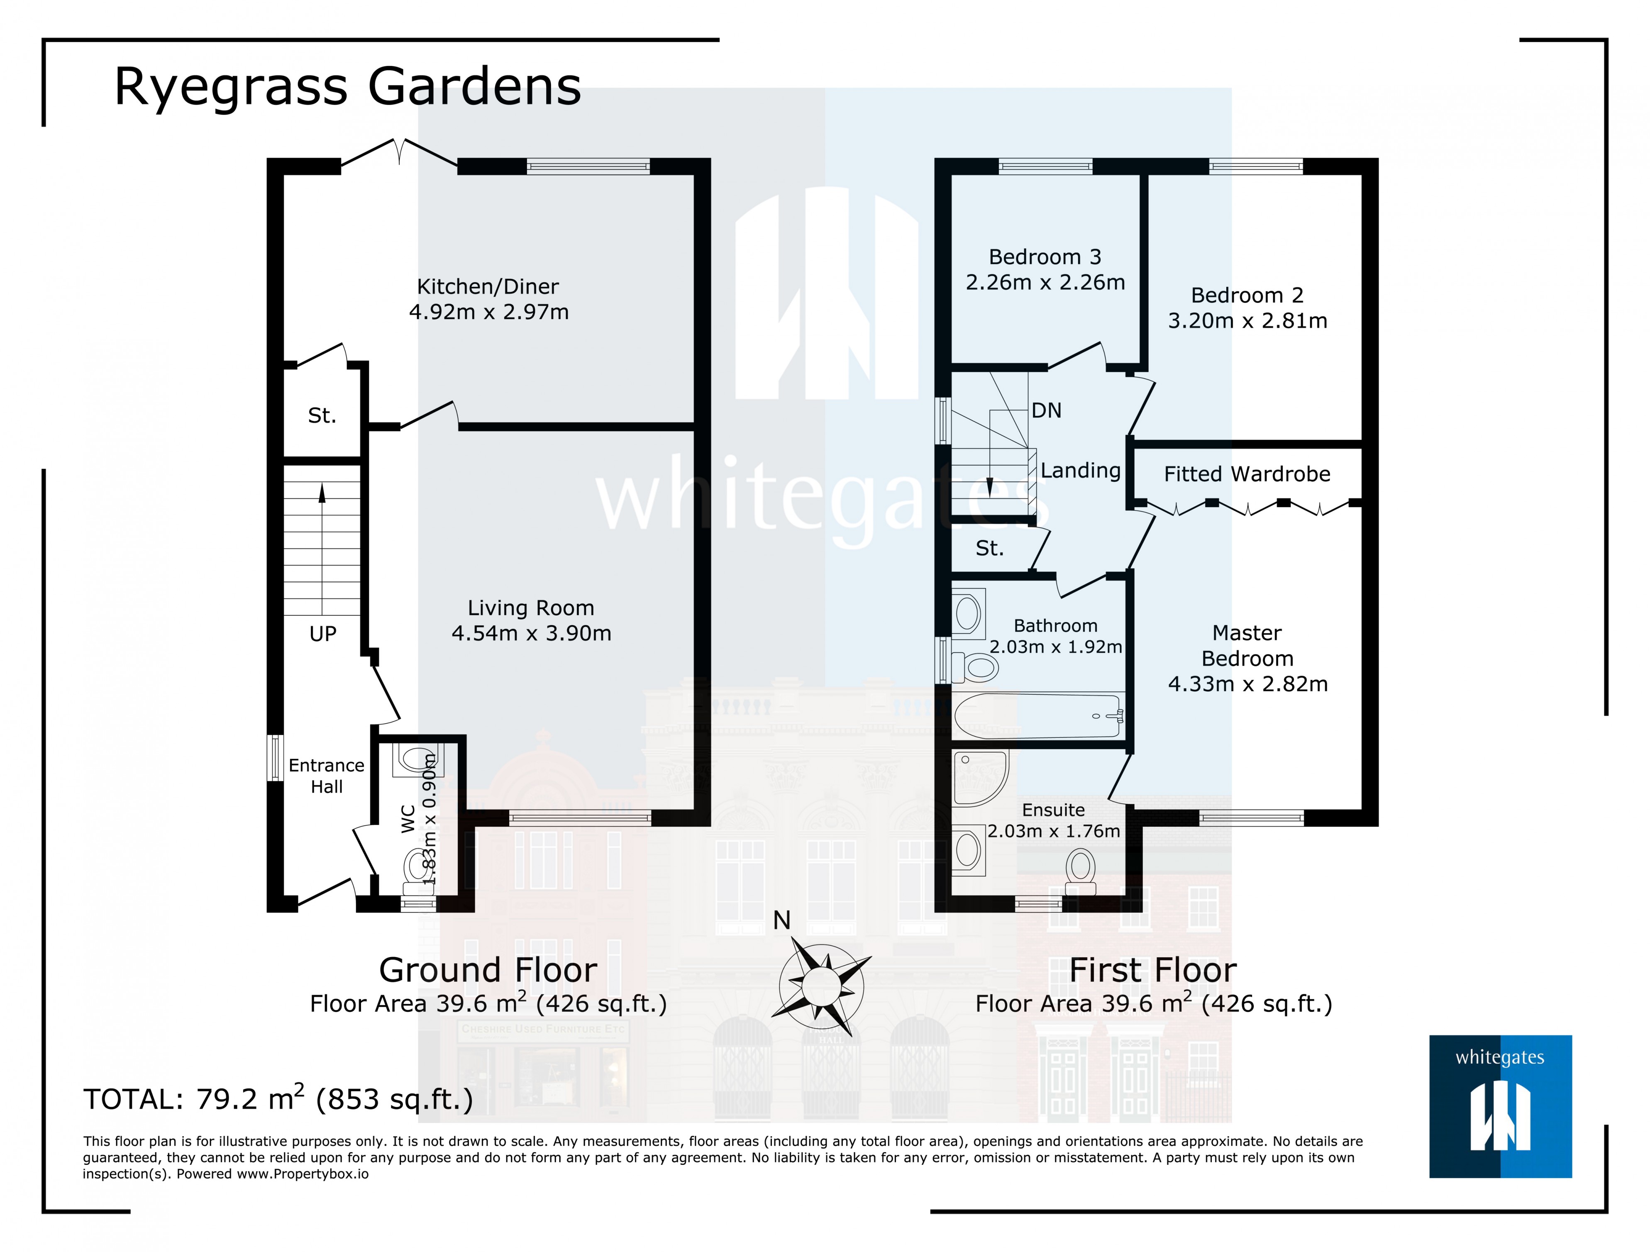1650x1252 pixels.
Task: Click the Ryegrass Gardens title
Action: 347,87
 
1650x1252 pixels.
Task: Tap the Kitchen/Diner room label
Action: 488,286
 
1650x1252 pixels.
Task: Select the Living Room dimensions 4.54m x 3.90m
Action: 531,633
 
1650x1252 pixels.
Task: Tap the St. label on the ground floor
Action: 322,415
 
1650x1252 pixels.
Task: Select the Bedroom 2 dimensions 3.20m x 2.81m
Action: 1247,321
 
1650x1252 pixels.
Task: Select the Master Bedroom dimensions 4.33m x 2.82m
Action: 1247,684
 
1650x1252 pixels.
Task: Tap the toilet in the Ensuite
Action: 1080,871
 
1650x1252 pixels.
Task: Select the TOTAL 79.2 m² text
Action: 278,1099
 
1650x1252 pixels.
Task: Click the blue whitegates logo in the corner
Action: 1500,1106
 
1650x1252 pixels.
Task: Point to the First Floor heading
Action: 1152,970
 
